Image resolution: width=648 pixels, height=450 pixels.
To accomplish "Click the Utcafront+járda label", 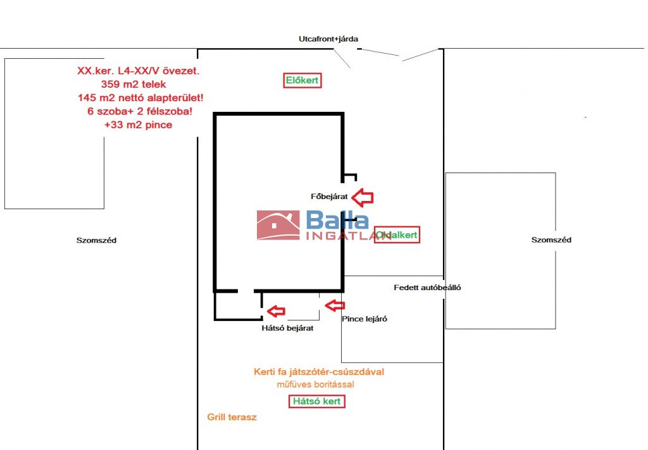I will (x=328, y=39).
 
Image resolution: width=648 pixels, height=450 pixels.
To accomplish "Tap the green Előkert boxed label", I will (x=302, y=80).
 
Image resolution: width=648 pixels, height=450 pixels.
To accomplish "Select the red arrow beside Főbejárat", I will (x=363, y=197).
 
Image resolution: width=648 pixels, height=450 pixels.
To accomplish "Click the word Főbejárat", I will (x=329, y=197).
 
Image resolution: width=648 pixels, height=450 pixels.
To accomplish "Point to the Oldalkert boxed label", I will (x=397, y=235).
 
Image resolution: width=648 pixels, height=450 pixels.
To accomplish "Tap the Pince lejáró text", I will (x=364, y=319).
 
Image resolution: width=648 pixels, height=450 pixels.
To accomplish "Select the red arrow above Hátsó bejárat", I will (x=275, y=311).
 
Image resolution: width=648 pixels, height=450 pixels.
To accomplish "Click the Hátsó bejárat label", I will (x=287, y=328).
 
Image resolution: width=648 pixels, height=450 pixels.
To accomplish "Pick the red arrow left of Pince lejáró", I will (x=334, y=306).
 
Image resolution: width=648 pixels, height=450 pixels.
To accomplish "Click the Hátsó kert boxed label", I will (x=317, y=401).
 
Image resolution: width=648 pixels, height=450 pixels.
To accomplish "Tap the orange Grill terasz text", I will (x=232, y=417).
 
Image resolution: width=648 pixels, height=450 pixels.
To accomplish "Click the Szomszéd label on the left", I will (x=96, y=241).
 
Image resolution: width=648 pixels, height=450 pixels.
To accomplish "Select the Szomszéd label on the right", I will (x=551, y=240).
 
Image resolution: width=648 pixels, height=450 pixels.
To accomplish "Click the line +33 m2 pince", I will (x=138, y=125).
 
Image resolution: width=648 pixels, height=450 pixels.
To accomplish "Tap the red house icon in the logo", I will (x=278, y=226).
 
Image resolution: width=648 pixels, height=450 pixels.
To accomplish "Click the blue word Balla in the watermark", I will (x=337, y=221).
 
